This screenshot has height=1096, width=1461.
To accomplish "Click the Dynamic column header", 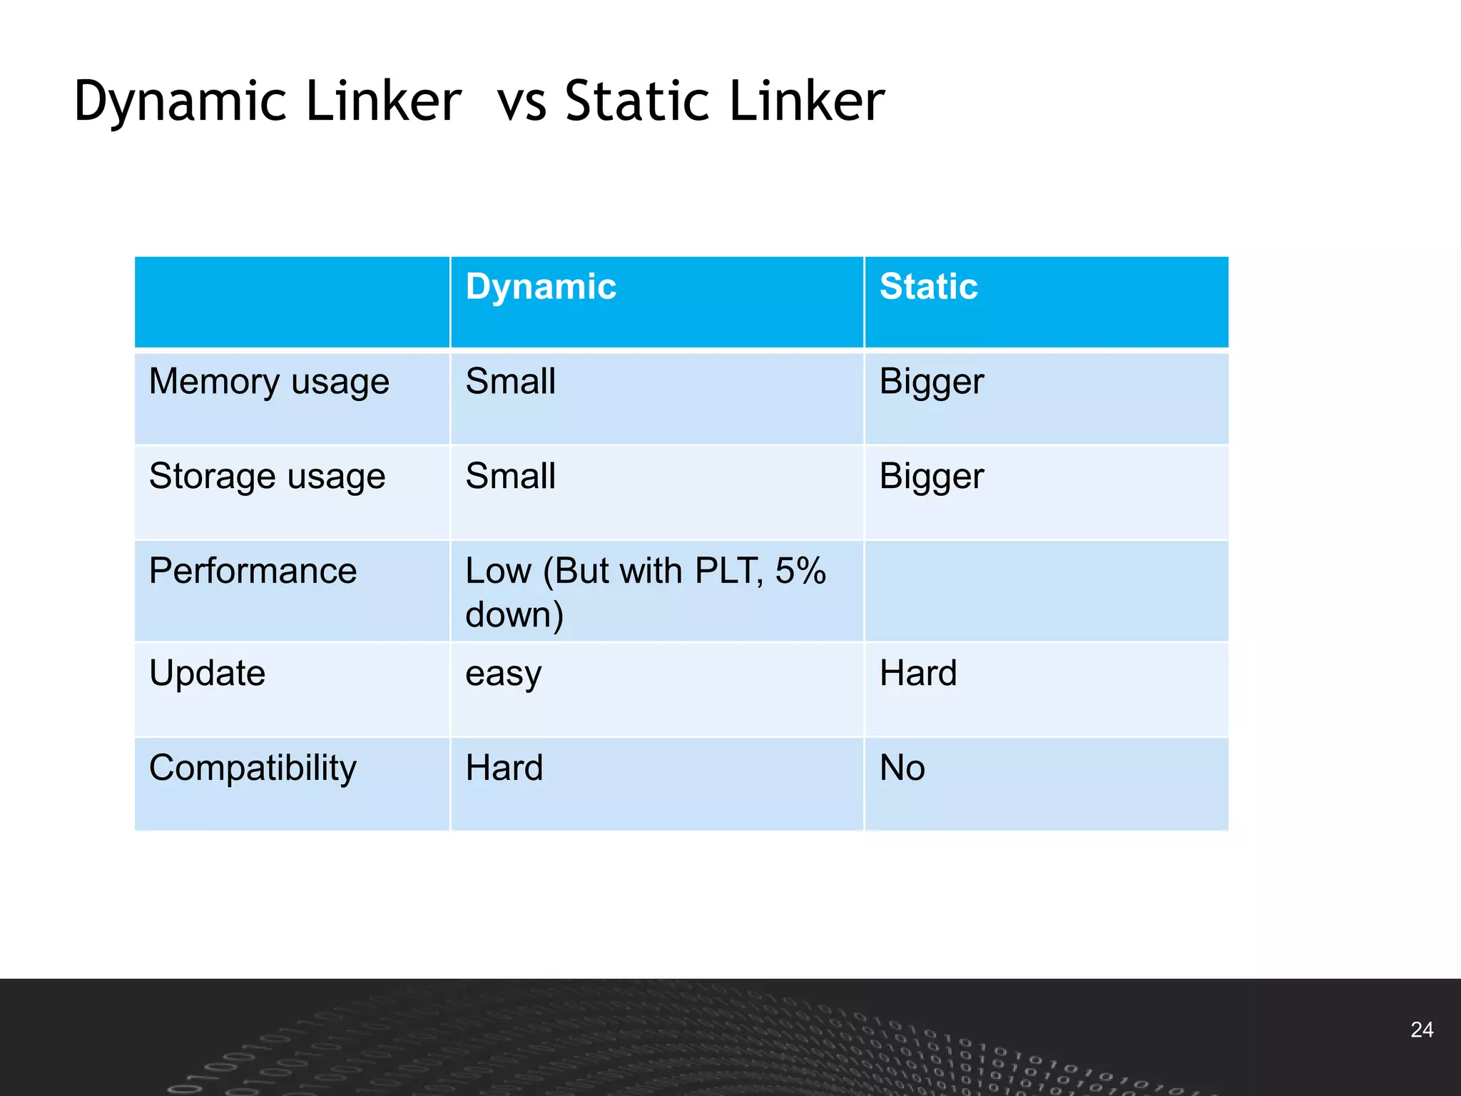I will point(541,288).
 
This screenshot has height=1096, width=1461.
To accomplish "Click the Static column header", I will point(928,288).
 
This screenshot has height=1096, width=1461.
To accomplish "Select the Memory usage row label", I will point(269,382).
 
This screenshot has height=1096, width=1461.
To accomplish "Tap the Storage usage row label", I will point(267,477).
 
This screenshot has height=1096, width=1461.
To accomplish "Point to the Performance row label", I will point(253,572).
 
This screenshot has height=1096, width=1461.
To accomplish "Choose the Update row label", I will point(207,674).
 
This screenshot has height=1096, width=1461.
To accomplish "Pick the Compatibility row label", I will point(253,768).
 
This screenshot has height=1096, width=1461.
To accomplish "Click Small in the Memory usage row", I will point(510,382).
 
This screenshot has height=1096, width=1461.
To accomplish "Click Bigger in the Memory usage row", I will point(931,382).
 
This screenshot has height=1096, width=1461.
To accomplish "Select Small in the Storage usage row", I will point(510,477).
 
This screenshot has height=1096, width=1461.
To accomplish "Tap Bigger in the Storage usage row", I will point(931,477).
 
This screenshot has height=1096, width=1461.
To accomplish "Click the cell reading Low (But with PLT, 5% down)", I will point(645,592).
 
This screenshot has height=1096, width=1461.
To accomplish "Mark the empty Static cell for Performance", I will point(1046,592).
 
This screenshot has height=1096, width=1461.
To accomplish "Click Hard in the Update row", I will point(918,674).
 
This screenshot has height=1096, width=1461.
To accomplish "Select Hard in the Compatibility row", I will point(504,768).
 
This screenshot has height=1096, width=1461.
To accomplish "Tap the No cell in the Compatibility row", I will point(902,768).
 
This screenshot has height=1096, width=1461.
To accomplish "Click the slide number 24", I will point(1422,1030).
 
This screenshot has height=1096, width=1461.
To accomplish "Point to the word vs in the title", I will point(521,102).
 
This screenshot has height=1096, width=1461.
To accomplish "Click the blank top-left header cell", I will point(292,302).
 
